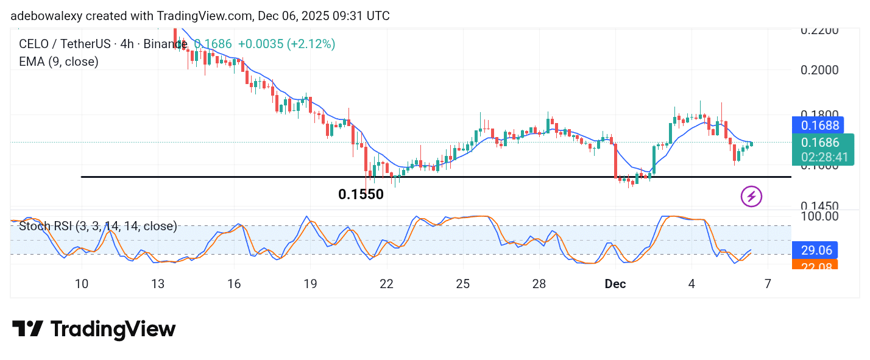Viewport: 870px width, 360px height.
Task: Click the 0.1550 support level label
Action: [361, 194]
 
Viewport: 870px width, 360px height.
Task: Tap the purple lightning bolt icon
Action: [751, 197]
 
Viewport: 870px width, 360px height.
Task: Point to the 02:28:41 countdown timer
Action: [824, 157]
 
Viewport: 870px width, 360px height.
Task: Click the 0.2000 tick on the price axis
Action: [820, 69]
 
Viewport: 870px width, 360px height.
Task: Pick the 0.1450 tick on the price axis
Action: [820, 206]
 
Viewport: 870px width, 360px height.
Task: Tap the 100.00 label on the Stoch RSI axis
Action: [820, 216]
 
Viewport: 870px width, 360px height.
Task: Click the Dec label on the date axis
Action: [615, 284]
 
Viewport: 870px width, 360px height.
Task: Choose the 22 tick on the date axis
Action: [386, 284]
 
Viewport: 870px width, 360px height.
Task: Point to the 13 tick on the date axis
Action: [158, 284]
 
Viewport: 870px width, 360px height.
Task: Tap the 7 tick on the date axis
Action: [768, 284]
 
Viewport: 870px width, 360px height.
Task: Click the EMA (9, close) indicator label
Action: [58, 62]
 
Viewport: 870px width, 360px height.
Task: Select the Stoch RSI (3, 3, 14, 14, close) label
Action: [98, 227]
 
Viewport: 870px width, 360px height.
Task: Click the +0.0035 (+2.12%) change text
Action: [286, 44]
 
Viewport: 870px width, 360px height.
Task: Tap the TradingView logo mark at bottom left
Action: [27, 330]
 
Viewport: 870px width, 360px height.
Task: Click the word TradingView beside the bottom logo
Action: [113, 330]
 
